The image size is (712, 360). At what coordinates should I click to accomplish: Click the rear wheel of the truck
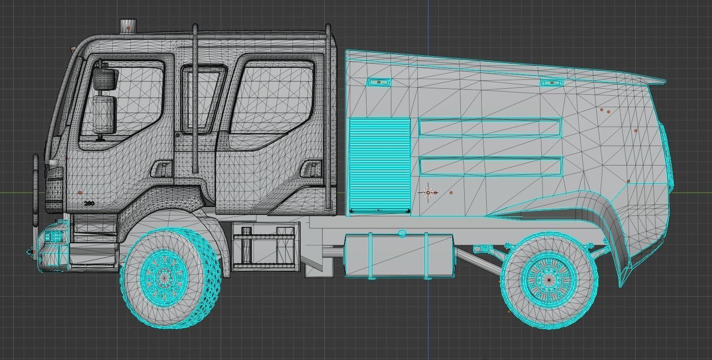coord(549,280)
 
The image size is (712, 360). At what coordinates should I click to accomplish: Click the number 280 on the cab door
coord(89,203)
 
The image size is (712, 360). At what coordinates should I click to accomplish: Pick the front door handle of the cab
coord(162,169)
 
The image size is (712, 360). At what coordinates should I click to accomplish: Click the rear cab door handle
coord(311,169)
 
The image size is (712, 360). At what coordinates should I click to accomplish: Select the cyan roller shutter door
coord(379,165)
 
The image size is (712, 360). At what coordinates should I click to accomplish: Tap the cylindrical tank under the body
coord(399,255)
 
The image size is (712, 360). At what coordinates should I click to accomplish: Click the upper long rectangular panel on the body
coord(490,128)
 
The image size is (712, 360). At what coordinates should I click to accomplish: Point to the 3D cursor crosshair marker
coord(428,193)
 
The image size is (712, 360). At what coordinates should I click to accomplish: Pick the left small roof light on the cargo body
coord(378,82)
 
